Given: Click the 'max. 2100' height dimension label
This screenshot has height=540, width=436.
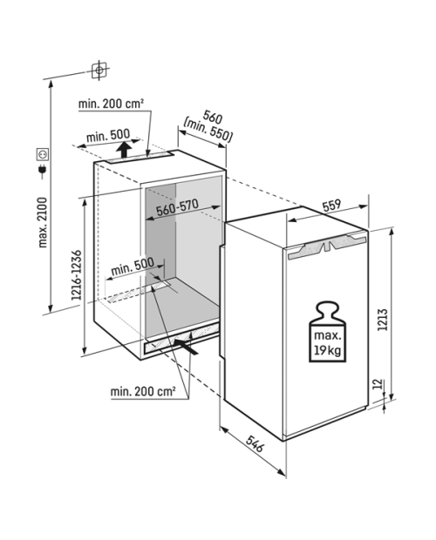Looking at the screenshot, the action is click(x=43, y=222).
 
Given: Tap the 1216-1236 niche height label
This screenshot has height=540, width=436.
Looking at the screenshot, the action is click(x=77, y=275).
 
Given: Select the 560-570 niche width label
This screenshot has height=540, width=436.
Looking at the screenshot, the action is click(x=177, y=207).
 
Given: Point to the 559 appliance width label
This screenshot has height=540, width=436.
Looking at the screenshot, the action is click(x=331, y=206).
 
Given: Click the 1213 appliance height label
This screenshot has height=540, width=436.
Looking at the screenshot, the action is click(x=383, y=320).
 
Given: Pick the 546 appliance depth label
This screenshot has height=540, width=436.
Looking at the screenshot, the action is click(x=255, y=443).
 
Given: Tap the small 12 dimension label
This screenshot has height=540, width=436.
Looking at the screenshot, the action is click(x=378, y=383).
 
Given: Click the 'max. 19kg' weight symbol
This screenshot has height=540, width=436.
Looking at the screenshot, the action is click(x=327, y=332).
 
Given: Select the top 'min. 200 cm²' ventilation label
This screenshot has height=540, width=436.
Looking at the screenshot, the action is click(x=111, y=104).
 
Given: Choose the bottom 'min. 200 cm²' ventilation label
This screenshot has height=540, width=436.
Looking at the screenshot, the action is click(x=143, y=391).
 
